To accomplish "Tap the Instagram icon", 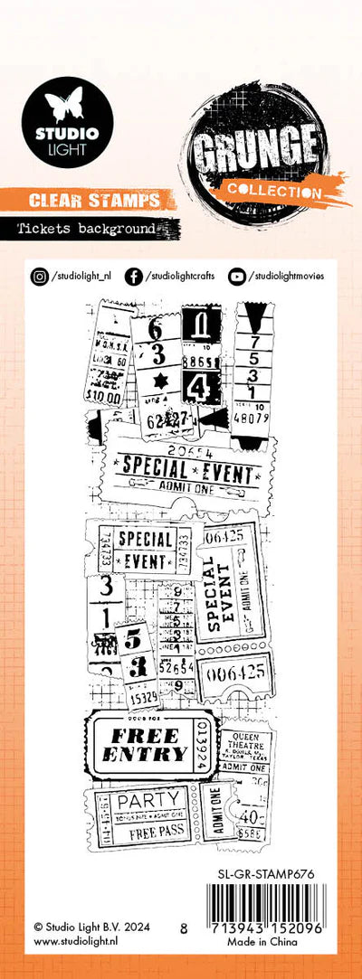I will [40, 277].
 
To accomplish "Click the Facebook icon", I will [133, 277].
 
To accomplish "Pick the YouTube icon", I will [237, 277].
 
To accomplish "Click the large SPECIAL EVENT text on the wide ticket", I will [186, 469].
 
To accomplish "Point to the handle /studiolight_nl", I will [82, 277].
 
